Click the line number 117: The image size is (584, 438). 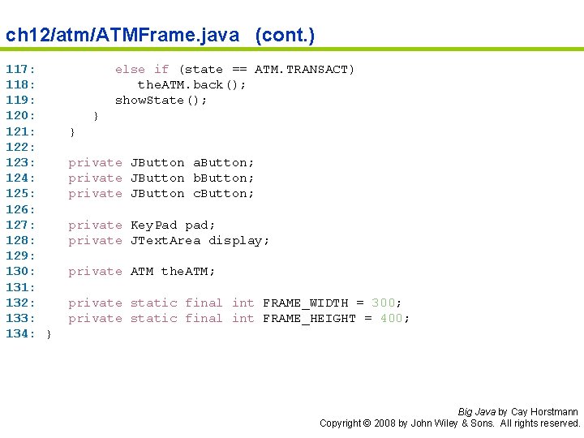click(x=19, y=70)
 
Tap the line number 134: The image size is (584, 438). click(x=19, y=334)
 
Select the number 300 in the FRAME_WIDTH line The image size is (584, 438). click(x=383, y=303)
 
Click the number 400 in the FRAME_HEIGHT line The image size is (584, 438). click(x=391, y=319)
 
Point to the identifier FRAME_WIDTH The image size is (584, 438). click(x=305, y=303)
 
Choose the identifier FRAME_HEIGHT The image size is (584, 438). click(x=309, y=319)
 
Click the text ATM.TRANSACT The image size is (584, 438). click(x=304, y=70)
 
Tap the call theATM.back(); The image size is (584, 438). click(x=191, y=85)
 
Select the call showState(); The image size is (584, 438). click(x=161, y=101)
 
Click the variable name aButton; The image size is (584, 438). click(x=223, y=163)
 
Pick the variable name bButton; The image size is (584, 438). click(x=223, y=178)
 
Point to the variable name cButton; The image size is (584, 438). click(x=223, y=194)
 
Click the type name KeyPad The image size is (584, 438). click(x=153, y=225)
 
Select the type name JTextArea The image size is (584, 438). click(x=165, y=241)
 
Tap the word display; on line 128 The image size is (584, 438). click(x=238, y=241)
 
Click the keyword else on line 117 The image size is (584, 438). click(x=130, y=70)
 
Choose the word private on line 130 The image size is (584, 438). click(x=95, y=272)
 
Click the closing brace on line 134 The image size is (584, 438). click(x=49, y=334)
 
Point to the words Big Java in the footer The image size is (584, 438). click(x=475, y=412)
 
